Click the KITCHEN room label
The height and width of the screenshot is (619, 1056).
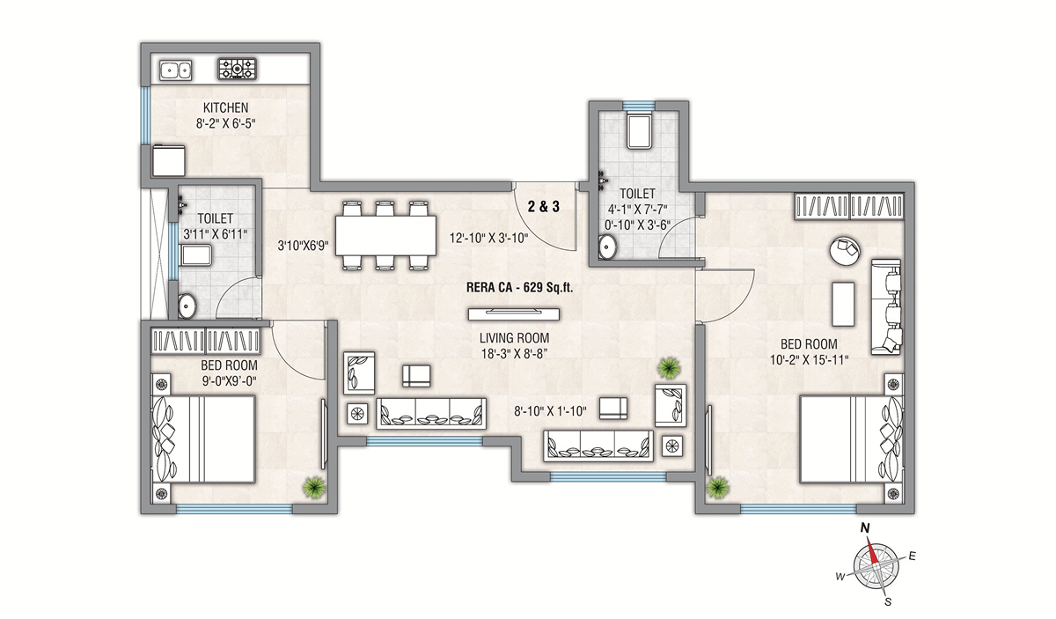[225, 107]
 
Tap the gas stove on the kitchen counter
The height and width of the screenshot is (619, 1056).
[237, 69]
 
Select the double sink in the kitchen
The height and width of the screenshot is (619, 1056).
[175, 70]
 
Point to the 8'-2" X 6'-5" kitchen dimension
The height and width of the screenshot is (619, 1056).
[225, 124]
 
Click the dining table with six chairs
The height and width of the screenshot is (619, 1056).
[385, 235]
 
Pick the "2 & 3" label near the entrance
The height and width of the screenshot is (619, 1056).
[544, 206]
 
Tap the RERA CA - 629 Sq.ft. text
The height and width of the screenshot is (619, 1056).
[519, 287]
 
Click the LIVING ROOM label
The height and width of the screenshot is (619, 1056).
[514, 338]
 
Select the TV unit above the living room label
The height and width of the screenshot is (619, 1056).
[514, 314]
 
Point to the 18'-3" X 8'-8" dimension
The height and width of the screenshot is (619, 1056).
[514, 354]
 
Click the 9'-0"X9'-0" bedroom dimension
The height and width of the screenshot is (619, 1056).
[230, 380]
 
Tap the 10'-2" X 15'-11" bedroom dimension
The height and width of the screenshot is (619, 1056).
[809, 360]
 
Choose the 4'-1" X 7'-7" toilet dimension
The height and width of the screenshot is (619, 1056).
[637, 210]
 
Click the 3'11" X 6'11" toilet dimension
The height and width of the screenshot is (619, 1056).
[215, 234]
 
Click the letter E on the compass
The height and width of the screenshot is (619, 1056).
[912, 556]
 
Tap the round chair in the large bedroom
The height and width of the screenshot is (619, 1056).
[845, 250]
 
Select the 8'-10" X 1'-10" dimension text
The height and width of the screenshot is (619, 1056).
[550, 411]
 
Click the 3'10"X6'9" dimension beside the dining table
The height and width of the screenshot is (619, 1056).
[303, 246]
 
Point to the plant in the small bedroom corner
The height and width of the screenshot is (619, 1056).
[314, 488]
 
